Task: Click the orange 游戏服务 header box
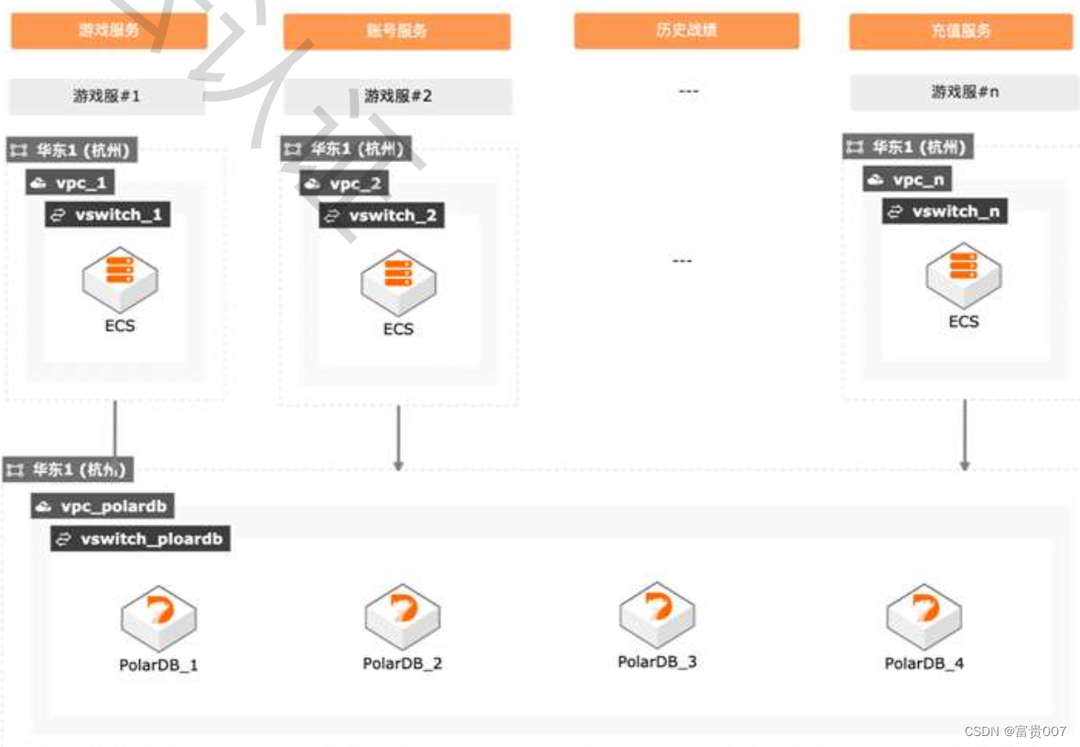click(109, 30)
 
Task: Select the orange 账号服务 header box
click(396, 31)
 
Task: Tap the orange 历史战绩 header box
click(686, 30)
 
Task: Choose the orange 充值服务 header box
click(960, 31)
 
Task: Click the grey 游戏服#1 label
click(107, 95)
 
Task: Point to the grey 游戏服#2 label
click(397, 95)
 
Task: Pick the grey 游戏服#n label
click(964, 92)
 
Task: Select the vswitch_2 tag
click(382, 216)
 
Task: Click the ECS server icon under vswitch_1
click(120, 274)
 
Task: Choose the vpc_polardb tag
click(103, 506)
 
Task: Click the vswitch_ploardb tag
click(140, 539)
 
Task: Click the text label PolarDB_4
click(923, 664)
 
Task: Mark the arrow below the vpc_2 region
click(398, 439)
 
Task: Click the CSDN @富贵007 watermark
click(1015, 731)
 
